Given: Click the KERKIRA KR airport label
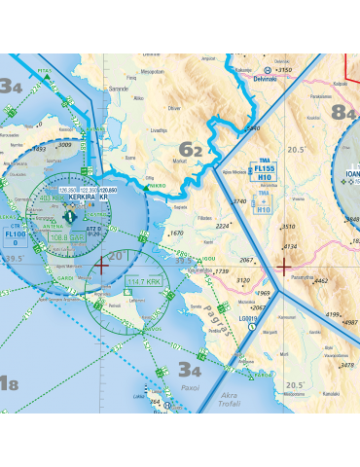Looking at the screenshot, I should tap(89, 197).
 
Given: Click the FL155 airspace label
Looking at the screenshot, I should tap(264, 168).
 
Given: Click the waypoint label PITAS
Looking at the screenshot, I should tap(44, 70).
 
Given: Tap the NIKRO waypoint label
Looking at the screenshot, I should tap(155, 184).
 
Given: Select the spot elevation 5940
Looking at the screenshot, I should tap(254, 127).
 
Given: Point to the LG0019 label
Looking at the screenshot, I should tap(250, 317).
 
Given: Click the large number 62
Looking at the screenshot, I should tap(193, 150).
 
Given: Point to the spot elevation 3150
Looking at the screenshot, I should tap(283, 70).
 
